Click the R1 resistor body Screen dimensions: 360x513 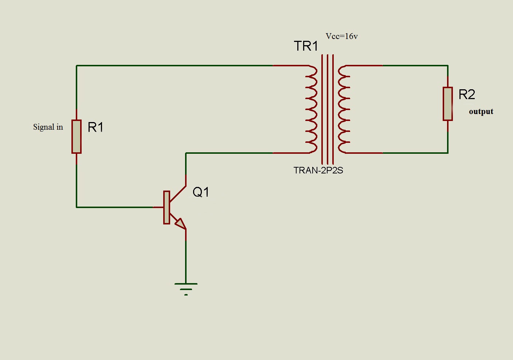[x=77, y=137]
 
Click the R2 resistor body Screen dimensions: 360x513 [x=448, y=104]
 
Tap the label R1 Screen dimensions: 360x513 [x=96, y=127]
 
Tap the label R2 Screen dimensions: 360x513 [x=467, y=95]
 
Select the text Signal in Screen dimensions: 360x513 [x=48, y=127]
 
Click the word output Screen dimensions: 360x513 [x=481, y=111]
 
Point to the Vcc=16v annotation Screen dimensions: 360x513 [x=341, y=36]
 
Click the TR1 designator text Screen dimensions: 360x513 [x=306, y=46]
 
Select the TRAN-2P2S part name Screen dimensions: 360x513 [x=318, y=171]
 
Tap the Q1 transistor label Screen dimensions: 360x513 [x=201, y=192]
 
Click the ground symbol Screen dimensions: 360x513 [x=186, y=288]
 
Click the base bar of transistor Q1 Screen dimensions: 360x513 [x=167, y=207]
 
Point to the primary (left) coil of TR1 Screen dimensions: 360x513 [x=312, y=109]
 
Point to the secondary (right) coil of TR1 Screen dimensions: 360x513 [x=344, y=109]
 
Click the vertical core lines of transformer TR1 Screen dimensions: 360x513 [x=328, y=109]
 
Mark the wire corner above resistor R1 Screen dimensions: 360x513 [x=77, y=66]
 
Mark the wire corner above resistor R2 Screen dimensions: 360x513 [x=448, y=66]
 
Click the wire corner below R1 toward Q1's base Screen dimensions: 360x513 [x=77, y=207]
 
